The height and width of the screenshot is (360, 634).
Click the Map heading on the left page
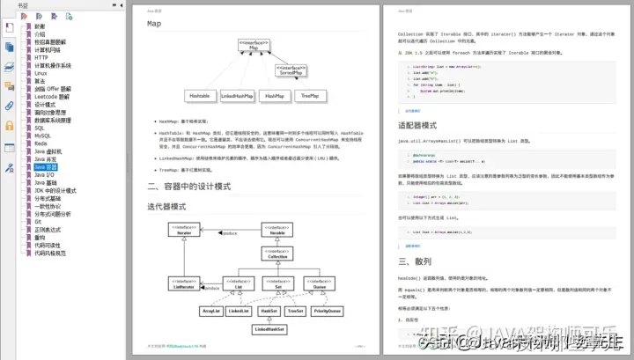point(154,24)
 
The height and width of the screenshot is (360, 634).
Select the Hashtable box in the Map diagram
point(200,94)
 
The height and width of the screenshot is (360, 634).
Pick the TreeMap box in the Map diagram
point(309,94)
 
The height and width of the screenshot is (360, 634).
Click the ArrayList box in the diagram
point(210,311)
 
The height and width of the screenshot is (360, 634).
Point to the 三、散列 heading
point(416,261)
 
